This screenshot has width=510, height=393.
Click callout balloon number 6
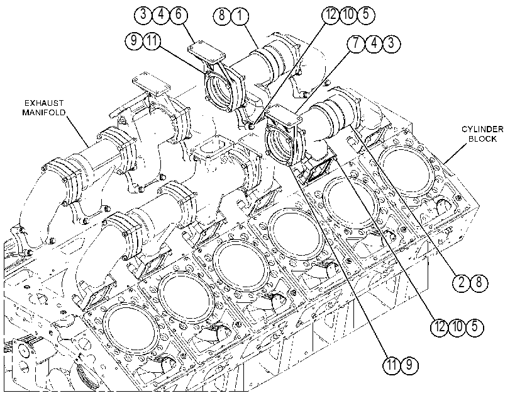point(179,14)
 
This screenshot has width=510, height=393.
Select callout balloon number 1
point(240,15)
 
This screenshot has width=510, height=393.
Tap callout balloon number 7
point(357,43)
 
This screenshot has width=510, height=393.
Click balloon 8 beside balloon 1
point(223,15)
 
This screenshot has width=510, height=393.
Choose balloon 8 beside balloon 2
point(479,283)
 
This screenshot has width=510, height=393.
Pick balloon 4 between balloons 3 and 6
point(162,14)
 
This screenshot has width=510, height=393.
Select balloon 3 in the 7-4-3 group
point(391,43)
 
